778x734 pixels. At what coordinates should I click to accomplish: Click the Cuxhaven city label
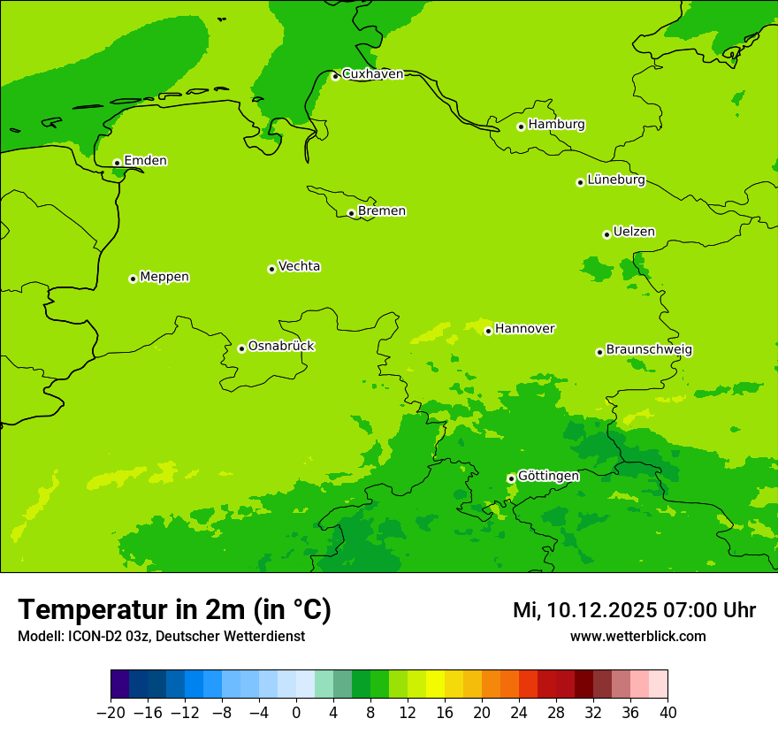372,74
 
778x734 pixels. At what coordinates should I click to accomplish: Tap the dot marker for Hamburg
522,126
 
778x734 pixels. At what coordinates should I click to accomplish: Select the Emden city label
145,161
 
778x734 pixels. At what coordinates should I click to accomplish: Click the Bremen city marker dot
351,213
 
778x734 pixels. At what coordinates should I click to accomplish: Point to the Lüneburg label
615,180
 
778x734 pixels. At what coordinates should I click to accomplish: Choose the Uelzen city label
634,233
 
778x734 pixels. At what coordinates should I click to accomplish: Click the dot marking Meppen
133,279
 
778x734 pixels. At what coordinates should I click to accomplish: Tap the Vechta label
299,267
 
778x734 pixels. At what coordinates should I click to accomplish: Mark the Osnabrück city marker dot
241,348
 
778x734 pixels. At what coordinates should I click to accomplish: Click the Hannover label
524,329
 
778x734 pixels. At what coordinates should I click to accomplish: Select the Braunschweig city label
649,350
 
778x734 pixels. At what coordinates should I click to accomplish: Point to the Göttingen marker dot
511,478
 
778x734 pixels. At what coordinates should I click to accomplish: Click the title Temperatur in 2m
174,610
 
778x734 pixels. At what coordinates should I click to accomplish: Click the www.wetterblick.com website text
637,637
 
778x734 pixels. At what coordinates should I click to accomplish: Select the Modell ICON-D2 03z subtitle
161,637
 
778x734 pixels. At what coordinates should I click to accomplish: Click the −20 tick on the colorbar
111,713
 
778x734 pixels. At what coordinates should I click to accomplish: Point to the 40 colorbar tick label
667,713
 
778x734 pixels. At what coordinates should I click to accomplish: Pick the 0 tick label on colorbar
296,713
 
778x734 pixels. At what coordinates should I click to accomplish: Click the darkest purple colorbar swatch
119,684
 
